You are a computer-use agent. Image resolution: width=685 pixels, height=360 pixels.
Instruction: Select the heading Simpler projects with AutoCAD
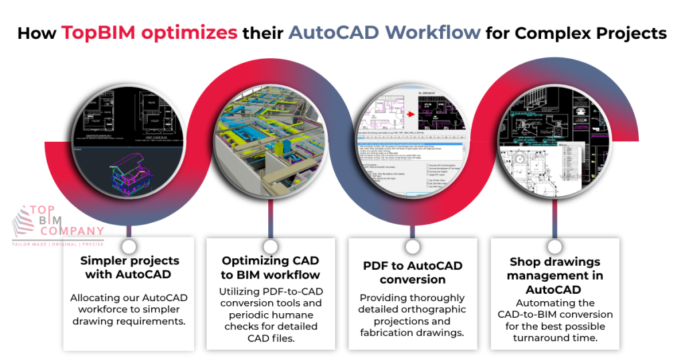coord(130,268)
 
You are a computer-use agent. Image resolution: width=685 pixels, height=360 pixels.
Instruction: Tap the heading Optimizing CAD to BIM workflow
coord(271,268)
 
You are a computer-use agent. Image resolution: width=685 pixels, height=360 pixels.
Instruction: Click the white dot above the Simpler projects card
coord(130,246)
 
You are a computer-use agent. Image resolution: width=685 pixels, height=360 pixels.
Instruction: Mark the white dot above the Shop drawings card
coord(554,246)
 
